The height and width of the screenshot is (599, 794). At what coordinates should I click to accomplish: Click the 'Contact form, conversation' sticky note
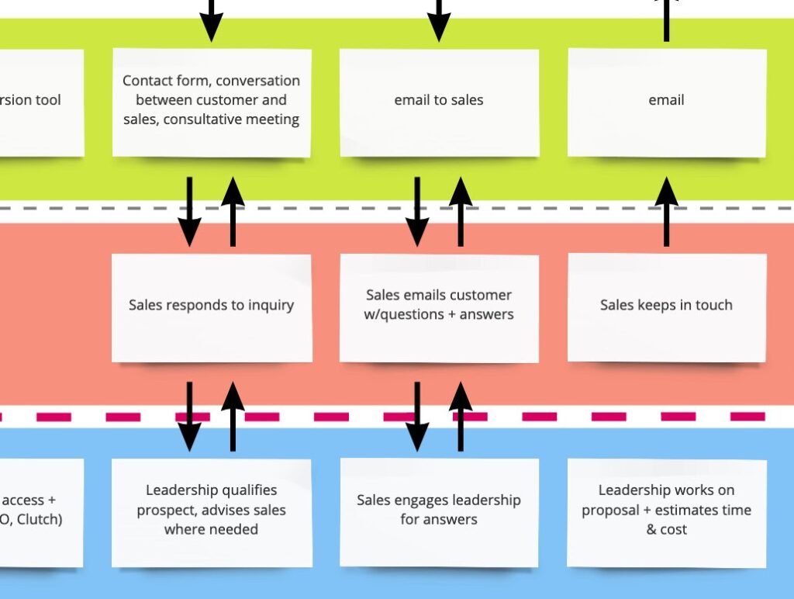(x=211, y=102)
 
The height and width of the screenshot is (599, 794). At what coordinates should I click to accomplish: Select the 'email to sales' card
(x=439, y=102)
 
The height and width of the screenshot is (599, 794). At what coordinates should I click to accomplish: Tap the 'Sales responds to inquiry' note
(x=211, y=307)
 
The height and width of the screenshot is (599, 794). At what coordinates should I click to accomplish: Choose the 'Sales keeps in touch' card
(x=666, y=306)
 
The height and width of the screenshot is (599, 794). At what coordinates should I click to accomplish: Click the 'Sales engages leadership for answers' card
(x=439, y=511)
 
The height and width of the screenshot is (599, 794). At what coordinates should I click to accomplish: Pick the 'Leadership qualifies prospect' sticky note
(x=211, y=511)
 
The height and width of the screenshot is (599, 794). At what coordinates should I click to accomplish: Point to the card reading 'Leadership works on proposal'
(x=666, y=511)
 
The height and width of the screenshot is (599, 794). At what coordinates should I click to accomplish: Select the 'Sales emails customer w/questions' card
(x=439, y=307)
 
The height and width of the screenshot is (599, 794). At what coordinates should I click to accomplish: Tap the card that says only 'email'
(x=666, y=102)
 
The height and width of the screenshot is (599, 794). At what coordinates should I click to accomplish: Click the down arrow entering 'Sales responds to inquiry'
(x=189, y=211)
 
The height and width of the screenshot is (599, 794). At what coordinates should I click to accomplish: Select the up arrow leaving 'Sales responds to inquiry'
(x=233, y=211)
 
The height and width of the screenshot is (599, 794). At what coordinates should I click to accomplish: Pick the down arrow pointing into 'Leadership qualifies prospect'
(x=189, y=416)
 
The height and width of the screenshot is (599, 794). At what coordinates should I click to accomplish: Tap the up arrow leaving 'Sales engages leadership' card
(x=461, y=416)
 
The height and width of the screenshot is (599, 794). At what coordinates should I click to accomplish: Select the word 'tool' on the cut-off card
(x=47, y=100)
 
